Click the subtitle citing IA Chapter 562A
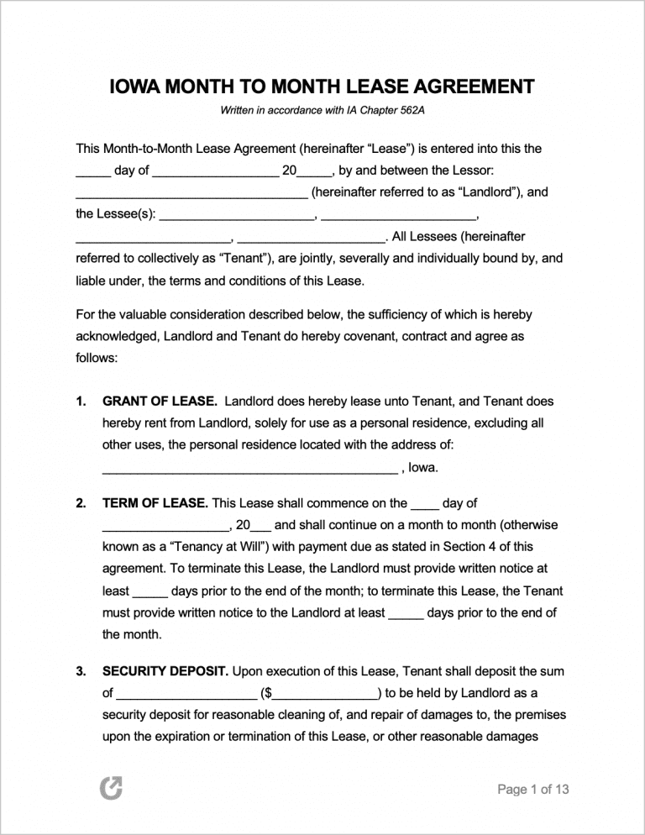tap(322, 111)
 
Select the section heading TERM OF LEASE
tap(155, 503)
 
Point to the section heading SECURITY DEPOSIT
tap(165, 671)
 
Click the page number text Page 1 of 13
tap(533, 789)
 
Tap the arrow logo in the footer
tap(111, 788)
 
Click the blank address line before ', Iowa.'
tap(249, 468)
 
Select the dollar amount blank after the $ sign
tap(325, 694)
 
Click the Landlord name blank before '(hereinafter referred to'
tap(191, 192)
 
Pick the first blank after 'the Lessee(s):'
tap(237, 214)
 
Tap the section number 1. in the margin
tap(81, 402)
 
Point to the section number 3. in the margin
tap(81, 671)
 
